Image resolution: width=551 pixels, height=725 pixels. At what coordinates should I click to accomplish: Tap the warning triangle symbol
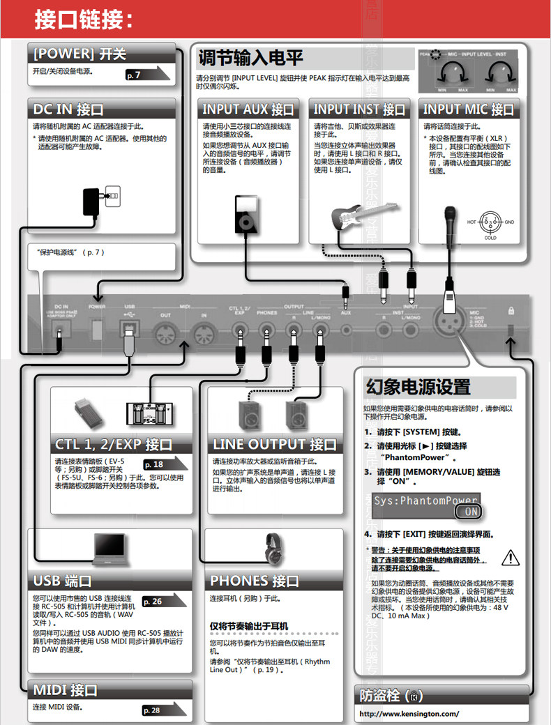pos(511,557)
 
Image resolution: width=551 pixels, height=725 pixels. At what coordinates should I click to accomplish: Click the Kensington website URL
pos(409,713)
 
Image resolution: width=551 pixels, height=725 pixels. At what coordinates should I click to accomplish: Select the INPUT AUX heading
pos(248,109)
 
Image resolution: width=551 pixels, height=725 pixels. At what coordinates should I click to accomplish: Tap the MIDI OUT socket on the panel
pos(165,333)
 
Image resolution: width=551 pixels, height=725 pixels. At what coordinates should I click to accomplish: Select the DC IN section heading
pos(68,109)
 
